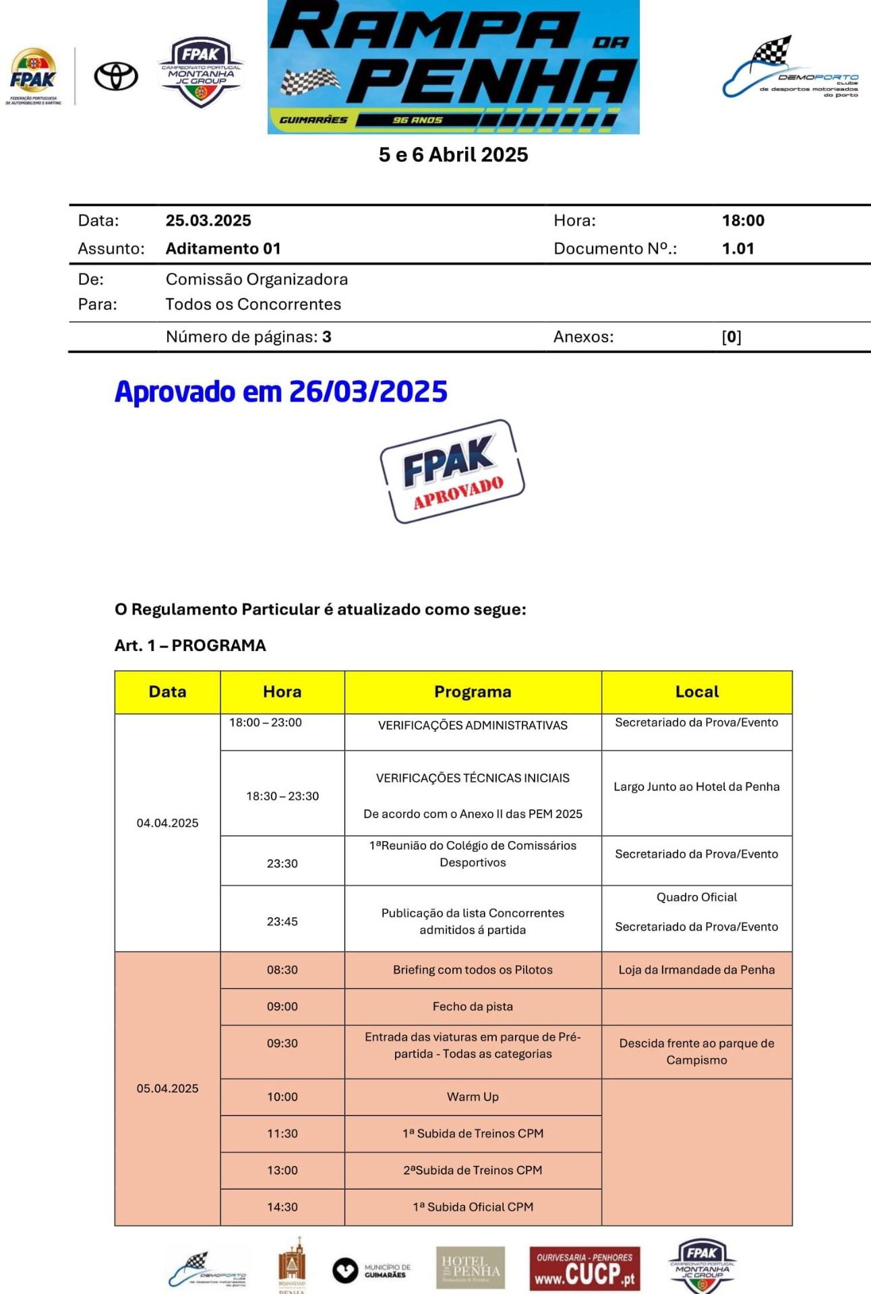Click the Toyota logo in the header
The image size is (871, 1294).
click(x=116, y=76)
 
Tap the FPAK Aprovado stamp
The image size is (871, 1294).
click(x=452, y=471)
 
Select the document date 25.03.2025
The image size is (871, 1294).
click(x=208, y=220)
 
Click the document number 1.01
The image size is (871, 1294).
click(x=738, y=248)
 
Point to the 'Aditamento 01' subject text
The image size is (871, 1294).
click(x=223, y=248)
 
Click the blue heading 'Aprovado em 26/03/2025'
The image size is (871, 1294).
click(x=280, y=392)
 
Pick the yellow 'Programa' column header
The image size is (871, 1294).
click(x=473, y=691)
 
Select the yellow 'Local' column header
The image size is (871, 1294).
click(x=696, y=691)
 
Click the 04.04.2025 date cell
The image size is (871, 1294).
click(x=167, y=823)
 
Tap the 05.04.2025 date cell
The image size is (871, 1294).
click(x=167, y=1088)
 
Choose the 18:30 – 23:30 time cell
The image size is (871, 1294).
click(x=282, y=796)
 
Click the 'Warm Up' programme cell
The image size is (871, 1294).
click(x=473, y=1097)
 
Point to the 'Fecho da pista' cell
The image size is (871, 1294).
click(x=473, y=1006)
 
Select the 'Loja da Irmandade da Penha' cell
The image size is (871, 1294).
click(x=696, y=970)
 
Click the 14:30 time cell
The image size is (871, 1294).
click(x=282, y=1207)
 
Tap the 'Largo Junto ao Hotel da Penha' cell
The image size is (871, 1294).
click(x=696, y=787)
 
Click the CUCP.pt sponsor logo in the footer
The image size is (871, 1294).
click(x=584, y=1268)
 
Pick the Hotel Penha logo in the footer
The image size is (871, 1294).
click(x=471, y=1268)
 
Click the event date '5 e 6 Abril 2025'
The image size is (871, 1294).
click(x=453, y=154)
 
